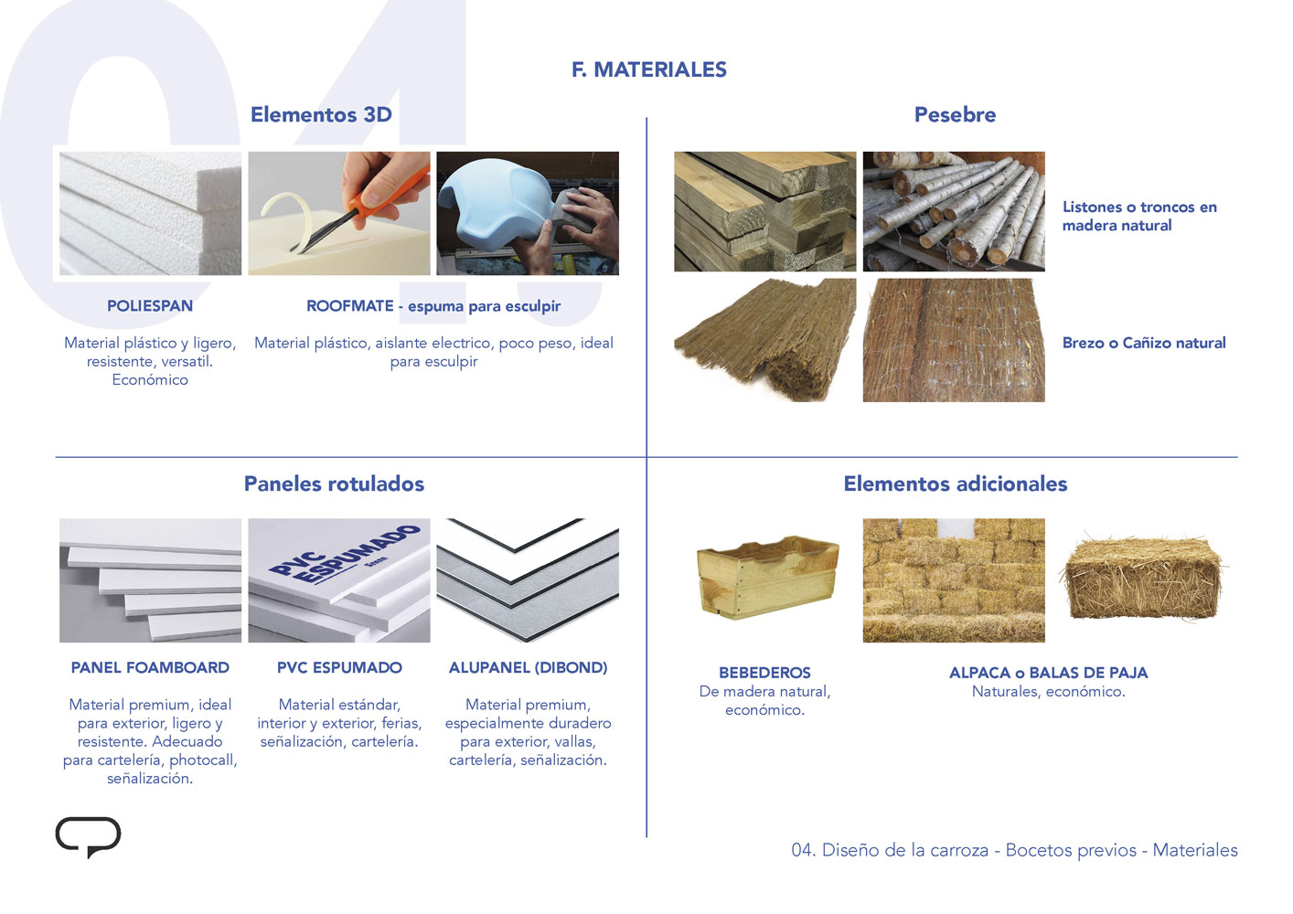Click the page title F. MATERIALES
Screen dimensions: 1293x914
pyautogui.click(x=649, y=69)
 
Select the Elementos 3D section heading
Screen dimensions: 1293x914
pyautogui.click(x=321, y=114)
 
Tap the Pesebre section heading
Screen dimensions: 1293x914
pyautogui.click(x=955, y=114)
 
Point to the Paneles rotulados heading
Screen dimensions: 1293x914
pyautogui.click(x=334, y=484)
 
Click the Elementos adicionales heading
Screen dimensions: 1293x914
pyautogui.click(x=956, y=484)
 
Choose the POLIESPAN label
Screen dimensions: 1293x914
pyautogui.click(x=150, y=306)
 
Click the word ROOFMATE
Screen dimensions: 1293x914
pyautogui.click(x=350, y=306)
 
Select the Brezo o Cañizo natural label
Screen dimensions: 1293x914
pyautogui.click(x=1144, y=343)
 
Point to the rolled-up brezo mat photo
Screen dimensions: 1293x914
pyautogui.click(x=764, y=340)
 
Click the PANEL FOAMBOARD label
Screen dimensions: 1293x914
pyautogui.click(x=150, y=667)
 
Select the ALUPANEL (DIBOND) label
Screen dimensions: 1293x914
pyautogui.click(x=529, y=667)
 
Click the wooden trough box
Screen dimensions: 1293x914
pyautogui.click(x=768, y=577)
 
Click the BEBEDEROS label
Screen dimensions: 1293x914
pyautogui.click(x=764, y=673)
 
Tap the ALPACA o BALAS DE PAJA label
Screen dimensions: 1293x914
pyautogui.click(x=1049, y=673)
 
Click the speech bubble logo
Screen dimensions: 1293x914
pyautogui.click(x=89, y=835)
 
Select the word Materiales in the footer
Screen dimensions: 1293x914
pyautogui.click(x=1195, y=850)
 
